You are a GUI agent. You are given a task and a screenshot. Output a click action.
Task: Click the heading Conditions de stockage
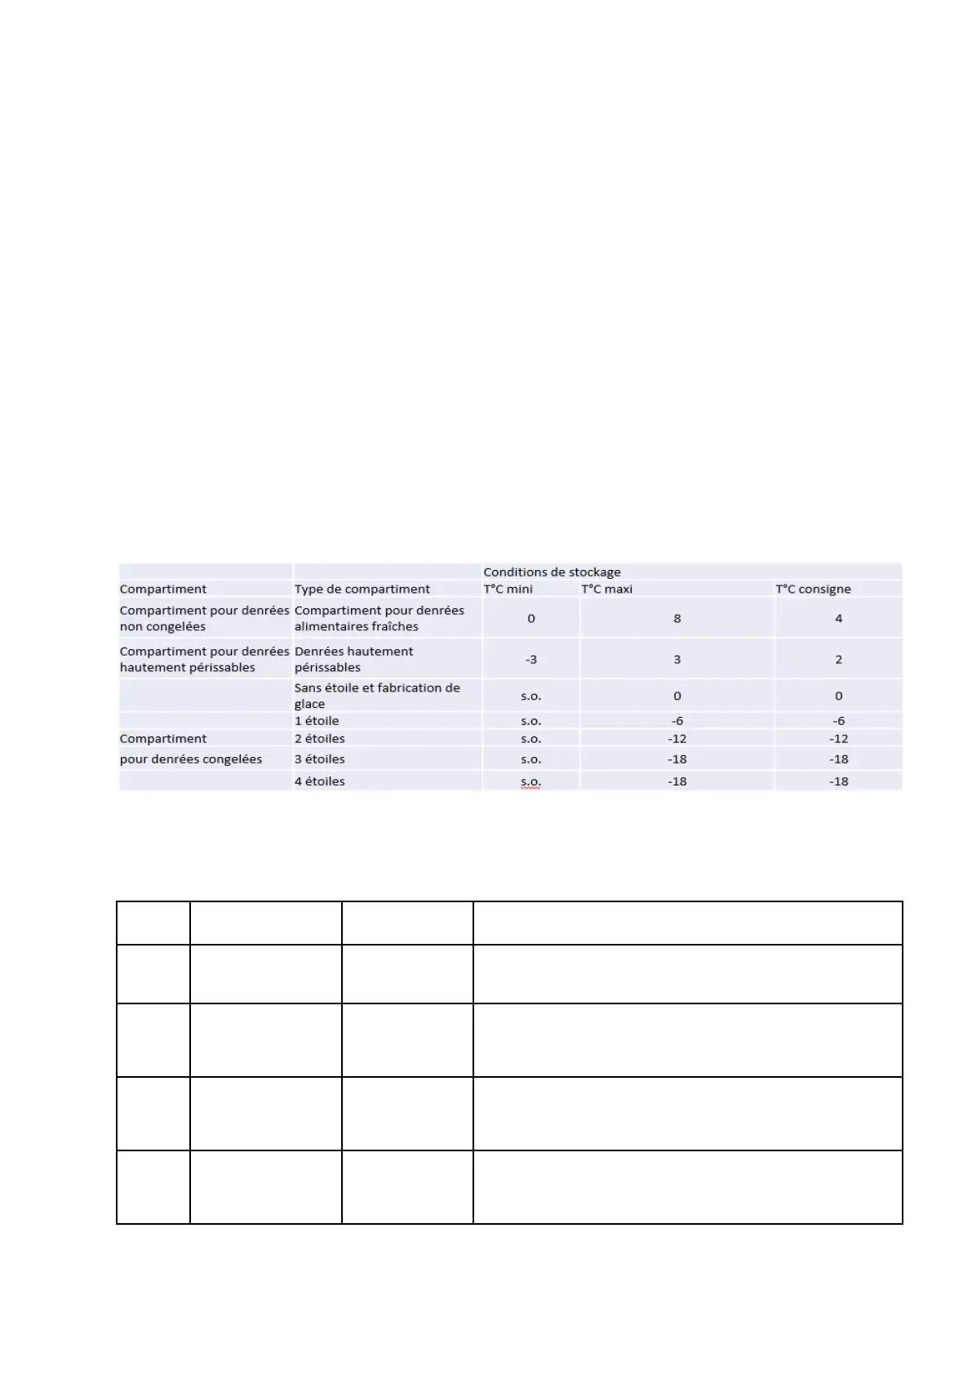pyautogui.click(x=552, y=572)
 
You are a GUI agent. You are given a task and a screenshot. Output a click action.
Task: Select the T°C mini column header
pyautogui.click(x=508, y=589)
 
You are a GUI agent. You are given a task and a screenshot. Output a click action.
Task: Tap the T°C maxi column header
pyautogui.click(x=606, y=589)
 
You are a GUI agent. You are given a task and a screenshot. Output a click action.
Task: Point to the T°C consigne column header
pyautogui.click(x=813, y=589)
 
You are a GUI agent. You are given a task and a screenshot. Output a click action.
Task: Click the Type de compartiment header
pyautogui.click(x=362, y=589)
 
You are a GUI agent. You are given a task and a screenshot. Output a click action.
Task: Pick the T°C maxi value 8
pyautogui.click(x=677, y=618)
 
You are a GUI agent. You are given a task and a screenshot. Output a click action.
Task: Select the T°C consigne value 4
pyautogui.click(x=838, y=618)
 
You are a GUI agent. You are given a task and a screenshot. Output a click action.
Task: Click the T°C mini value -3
pyautogui.click(x=530, y=659)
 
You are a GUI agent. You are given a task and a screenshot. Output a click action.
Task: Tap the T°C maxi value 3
pyautogui.click(x=677, y=659)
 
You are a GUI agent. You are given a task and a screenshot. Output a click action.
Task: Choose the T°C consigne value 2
pyautogui.click(x=838, y=659)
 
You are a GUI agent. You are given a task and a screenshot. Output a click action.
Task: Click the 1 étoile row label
pyautogui.click(x=317, y=720)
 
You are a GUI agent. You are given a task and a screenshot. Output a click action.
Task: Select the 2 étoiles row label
pyautogui.click(x=319, y=738)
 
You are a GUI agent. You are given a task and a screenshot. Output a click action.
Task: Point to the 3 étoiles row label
pyautogui.click(x=319, y=759)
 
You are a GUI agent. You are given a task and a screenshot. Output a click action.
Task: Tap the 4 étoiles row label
pyautogui.click(x=319, y=781)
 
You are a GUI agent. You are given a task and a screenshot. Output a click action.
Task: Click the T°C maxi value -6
pyautogui.click(x=677, y=720)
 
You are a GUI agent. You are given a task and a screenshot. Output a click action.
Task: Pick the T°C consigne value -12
pyautogui.click(x=838, y=738)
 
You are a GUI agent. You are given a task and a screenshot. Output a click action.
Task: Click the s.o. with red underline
pyautogui.click(x=530, y=781)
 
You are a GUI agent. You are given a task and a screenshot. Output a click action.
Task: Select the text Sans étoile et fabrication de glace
pyautogui.click(x=376, y=696)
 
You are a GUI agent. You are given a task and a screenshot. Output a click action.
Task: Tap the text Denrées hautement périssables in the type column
pyautogui.click(x=353, y=659)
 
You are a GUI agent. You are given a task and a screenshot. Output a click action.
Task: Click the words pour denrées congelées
pyautogui.click(x=191, y=759)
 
